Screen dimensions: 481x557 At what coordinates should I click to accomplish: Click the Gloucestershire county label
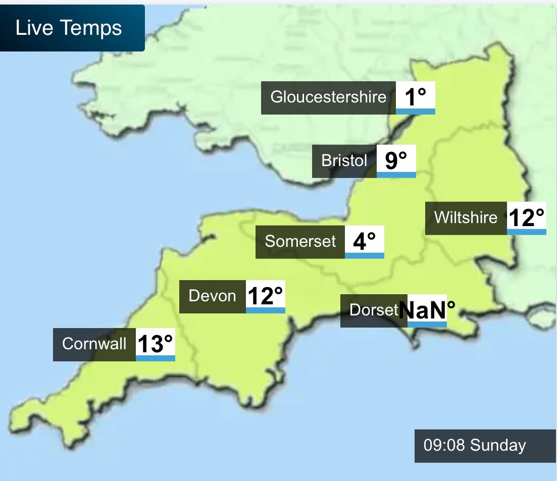328,97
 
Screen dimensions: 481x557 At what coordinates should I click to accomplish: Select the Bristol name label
344,161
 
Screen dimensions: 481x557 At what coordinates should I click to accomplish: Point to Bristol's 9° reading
396,160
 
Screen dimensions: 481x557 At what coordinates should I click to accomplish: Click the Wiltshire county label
466,218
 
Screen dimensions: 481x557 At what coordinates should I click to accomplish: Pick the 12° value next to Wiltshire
526,218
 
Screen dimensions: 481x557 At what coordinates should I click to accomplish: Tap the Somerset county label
300,242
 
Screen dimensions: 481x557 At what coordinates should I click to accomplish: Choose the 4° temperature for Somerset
364,241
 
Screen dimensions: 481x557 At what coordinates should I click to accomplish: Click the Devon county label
212,296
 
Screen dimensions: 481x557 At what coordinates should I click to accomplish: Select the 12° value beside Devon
265,296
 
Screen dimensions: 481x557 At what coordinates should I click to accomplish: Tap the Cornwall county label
94,344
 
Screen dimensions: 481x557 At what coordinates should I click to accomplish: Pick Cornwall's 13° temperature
155,344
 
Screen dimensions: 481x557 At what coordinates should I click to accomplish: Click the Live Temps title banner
72,28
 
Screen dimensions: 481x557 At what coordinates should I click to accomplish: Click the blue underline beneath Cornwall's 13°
155,358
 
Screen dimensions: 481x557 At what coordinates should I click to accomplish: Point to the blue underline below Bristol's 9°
396,175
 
